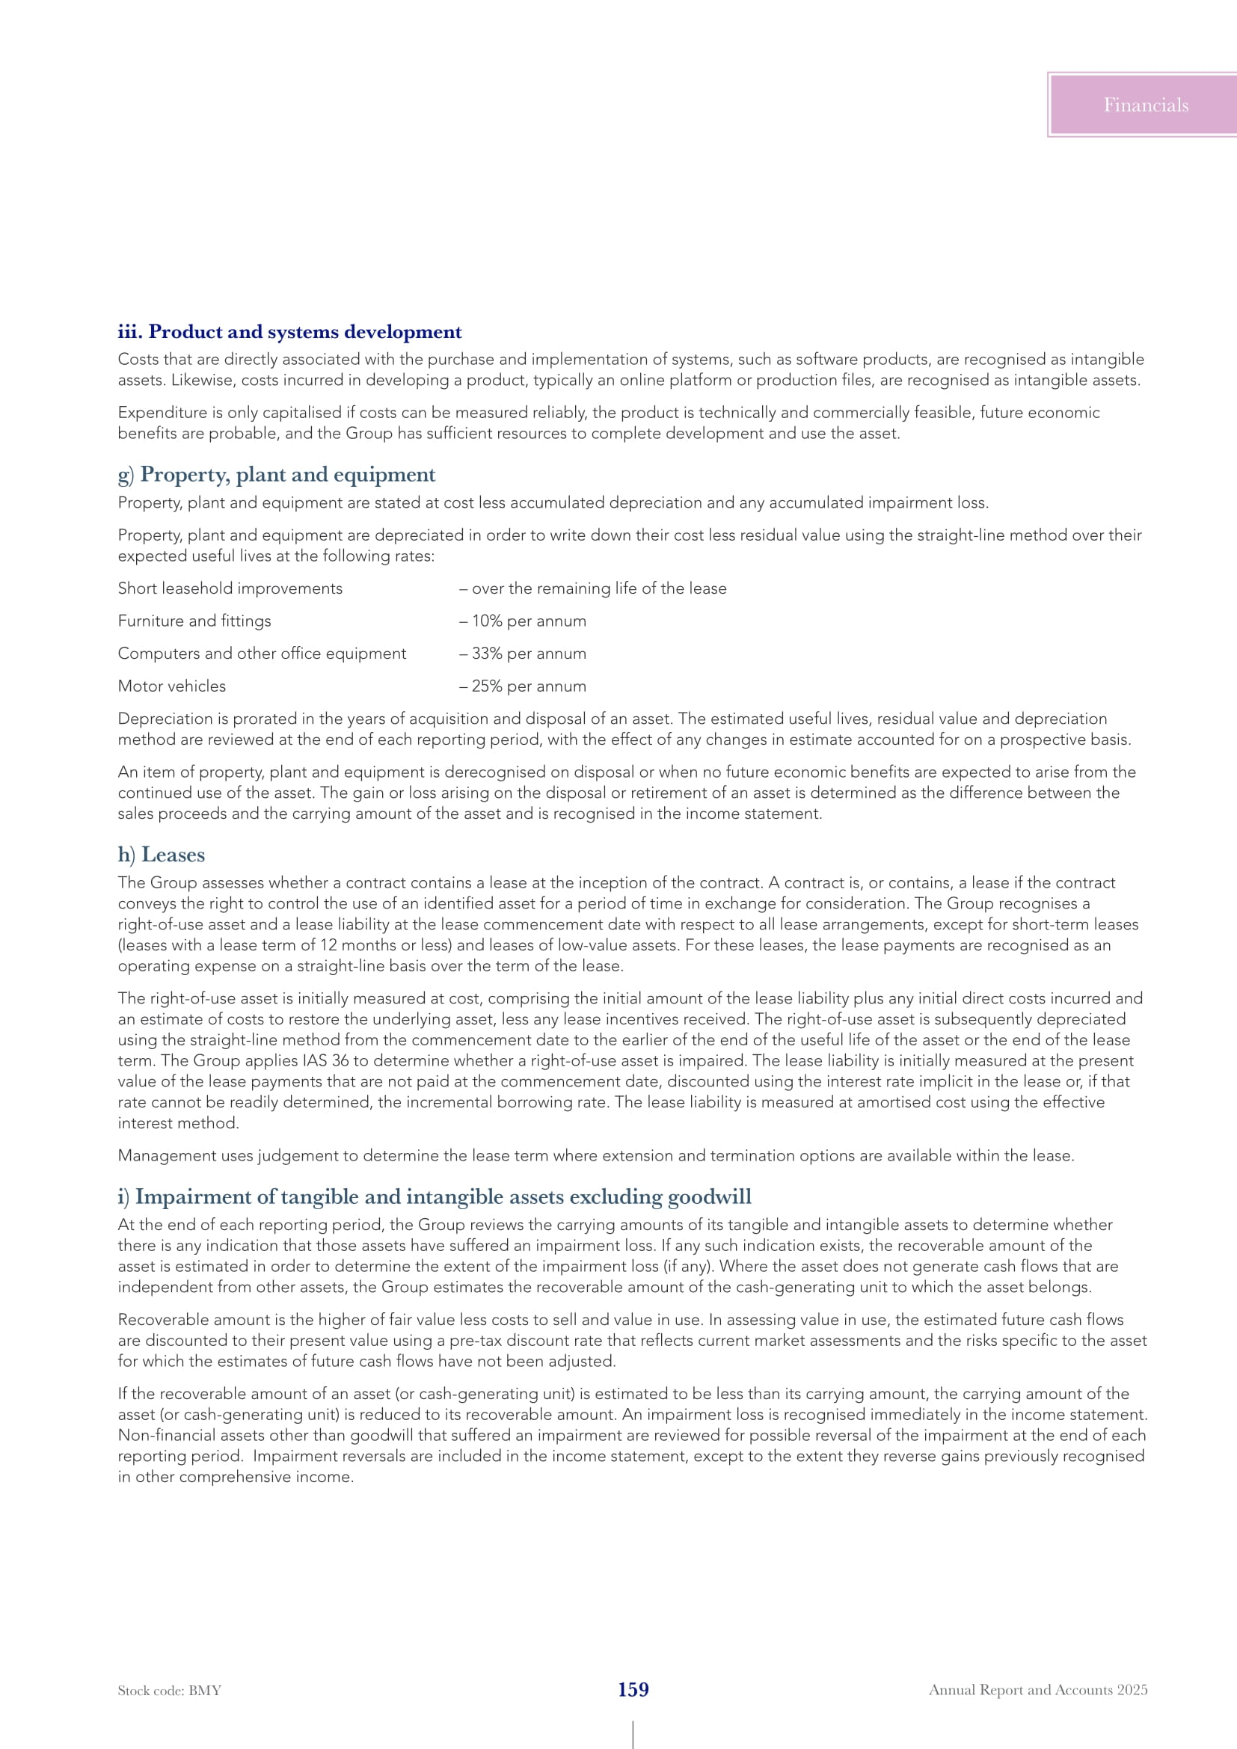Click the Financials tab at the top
[x=1145, y=105]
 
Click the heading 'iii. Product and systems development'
[x=289, y=332]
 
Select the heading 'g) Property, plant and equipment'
[x=277, y=475]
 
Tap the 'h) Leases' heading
[x=162, y=855]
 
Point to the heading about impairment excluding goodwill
[x=435, y=1196]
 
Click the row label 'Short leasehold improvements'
[x=230, y=588]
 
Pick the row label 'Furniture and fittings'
[x=194, y=621]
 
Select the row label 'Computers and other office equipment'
[x=262, y=654]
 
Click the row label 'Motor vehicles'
[x=172, y=686]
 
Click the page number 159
[x=633, y=1690]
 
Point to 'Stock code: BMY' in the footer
[x=169, y=1691]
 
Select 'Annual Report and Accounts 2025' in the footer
[x=1037, y=1690]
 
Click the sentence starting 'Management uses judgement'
[x=595, y=1155]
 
